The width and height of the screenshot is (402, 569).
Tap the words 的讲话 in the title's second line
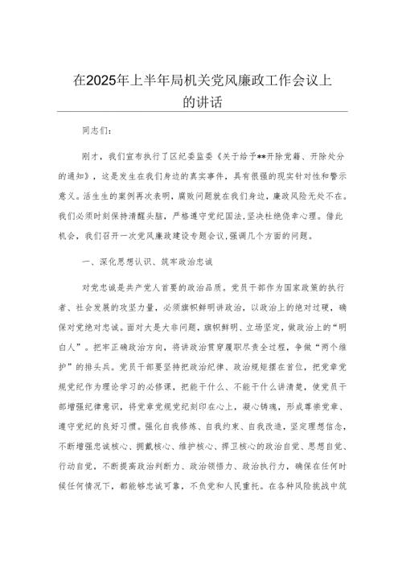tap(201, 102)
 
